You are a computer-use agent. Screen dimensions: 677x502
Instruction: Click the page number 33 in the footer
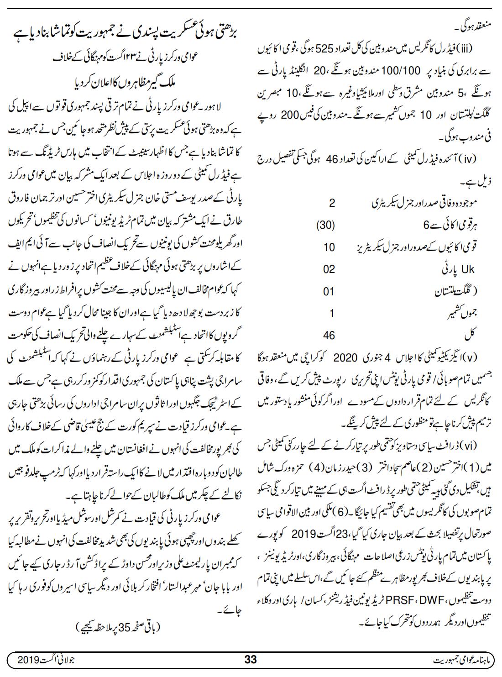coord(251,659)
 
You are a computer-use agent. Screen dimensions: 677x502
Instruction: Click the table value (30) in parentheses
coord(326,225)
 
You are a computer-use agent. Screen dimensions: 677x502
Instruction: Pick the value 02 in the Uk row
coord(329,269)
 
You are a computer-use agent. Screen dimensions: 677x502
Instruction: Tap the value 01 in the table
coord(329,291)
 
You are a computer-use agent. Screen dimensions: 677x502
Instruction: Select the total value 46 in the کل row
coord(329,335)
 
